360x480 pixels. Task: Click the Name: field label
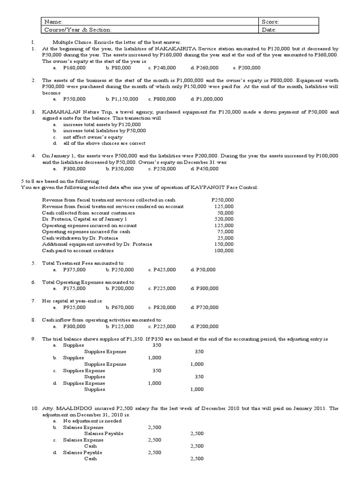point(53,22)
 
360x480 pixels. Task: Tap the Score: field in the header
point(271,22)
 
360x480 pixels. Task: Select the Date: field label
point(270,30)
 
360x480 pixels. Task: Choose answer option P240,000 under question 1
point(164,67)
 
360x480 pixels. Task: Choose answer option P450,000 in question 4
point(207,168)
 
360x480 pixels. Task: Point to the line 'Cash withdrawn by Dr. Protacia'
point(78,238)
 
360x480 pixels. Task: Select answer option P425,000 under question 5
point(164,270)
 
